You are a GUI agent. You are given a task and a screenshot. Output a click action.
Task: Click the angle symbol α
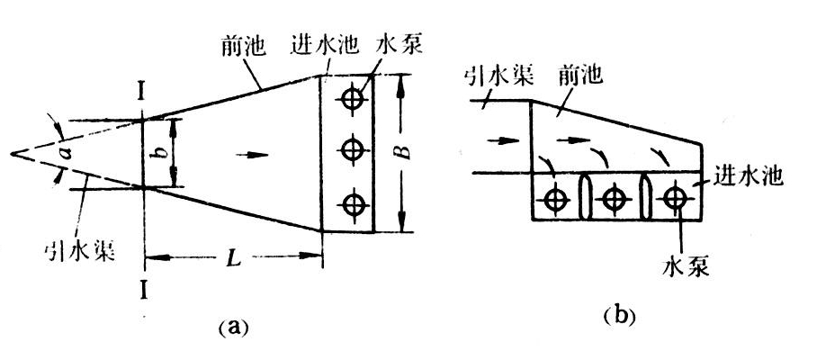point(64,154)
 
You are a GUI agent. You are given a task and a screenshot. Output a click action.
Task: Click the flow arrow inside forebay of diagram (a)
point(256,153)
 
